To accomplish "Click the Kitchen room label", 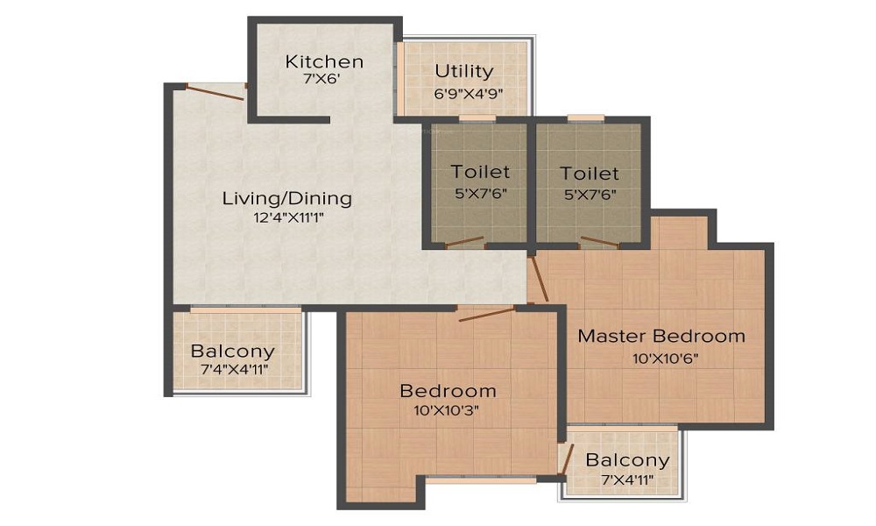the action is [x=324, y=61].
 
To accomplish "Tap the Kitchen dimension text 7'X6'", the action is [x=321, y=79].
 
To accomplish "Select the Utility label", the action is [x=464, y=71].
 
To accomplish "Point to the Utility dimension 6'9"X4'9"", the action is [x=468, y=93].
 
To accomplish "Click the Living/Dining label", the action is [x=287, y=198].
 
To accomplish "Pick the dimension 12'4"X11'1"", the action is [x=289, y=217].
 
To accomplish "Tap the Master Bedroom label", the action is [x=661, y=336].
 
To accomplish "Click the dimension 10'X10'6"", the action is [x=666, y=359].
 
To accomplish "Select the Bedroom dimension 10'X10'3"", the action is [x=447, y=410].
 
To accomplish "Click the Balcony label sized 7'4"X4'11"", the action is [x=232, y=351].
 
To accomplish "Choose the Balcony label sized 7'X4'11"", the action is [x=627, y=460].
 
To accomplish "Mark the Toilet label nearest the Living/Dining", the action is [x=480, y=172].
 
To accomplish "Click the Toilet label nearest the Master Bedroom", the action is [x=590, y=174].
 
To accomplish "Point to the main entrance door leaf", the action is [x=215, y=92].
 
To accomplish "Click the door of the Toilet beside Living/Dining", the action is [x=465, y=241].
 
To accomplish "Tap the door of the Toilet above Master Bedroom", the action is [x=599, y=241].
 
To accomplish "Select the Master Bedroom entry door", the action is [x=539, y=279].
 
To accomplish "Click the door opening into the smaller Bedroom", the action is [x=486, y=314].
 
